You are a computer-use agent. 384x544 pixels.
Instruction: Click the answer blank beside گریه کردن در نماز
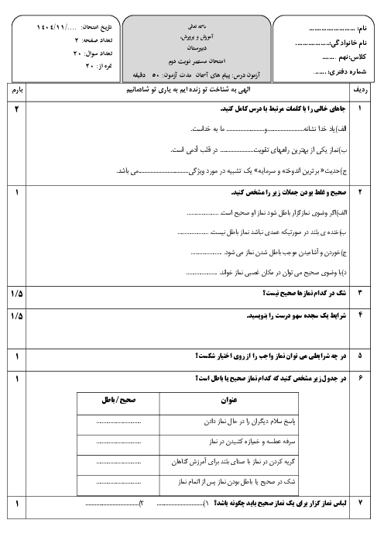[x=118, y=462]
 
